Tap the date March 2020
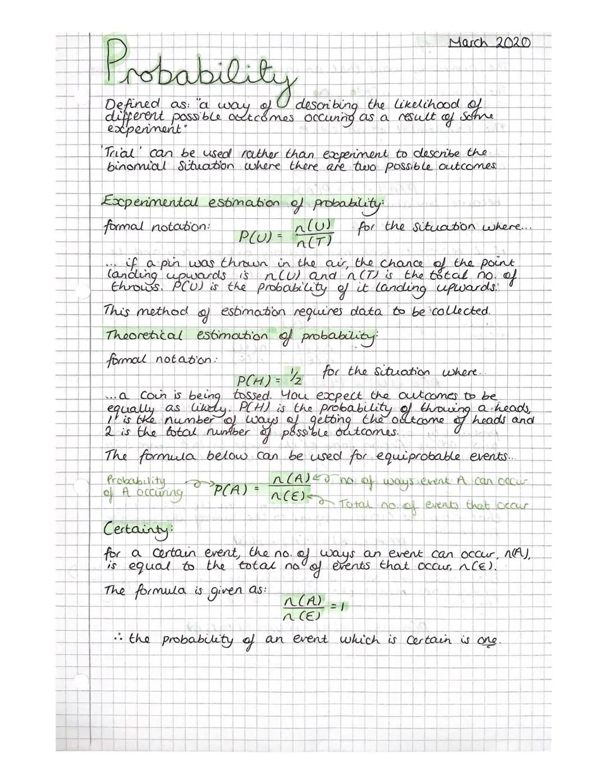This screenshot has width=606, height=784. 490,43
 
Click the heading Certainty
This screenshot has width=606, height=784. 138,529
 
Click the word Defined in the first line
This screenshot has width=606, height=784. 131,105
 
